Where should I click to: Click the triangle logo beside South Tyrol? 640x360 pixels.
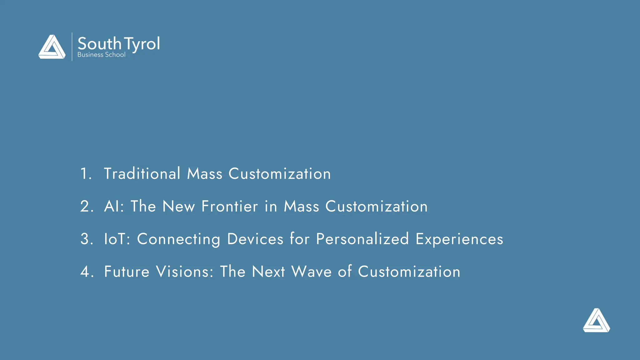52,47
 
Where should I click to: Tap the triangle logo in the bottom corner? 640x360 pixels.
596,321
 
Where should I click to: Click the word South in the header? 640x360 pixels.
99,43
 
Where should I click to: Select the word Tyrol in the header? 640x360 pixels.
142,44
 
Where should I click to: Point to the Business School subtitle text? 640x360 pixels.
101,55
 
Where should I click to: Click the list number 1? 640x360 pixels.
85,174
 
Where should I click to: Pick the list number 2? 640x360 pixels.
86,206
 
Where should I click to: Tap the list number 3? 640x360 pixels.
86,239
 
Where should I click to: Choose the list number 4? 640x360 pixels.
86,272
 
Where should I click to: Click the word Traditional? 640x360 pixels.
142,174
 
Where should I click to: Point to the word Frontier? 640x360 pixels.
230,206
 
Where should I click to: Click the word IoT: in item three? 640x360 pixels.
117,239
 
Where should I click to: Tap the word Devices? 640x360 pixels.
255,239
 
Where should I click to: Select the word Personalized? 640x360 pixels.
362,239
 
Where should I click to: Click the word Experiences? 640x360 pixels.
459,239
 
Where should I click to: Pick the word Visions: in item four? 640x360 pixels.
185,272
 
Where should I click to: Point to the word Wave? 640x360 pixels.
311,272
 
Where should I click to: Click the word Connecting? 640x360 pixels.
178,239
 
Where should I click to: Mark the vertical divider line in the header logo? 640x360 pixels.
72,47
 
